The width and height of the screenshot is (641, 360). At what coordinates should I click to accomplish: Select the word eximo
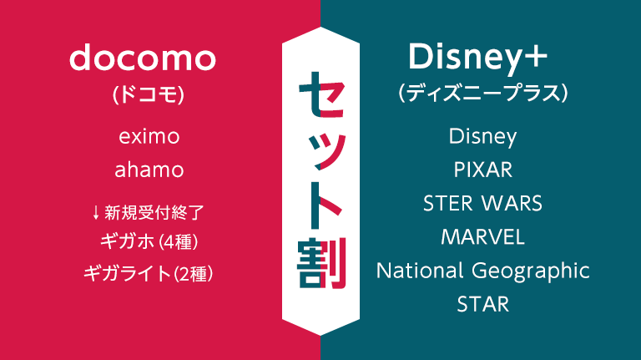(149, 135)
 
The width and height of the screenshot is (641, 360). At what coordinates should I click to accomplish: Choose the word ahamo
(149, 170)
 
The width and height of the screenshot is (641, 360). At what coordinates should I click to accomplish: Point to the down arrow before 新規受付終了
(96, 212)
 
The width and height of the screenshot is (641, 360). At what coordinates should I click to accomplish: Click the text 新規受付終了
(154, 212)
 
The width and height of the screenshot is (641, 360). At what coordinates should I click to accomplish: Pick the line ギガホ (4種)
(149, 242)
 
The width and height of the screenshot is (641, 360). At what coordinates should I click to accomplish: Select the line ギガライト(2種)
(149, 273)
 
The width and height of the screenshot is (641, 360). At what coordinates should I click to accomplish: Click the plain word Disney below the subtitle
(482, 135)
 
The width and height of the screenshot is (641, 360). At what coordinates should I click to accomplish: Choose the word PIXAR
(482, 170)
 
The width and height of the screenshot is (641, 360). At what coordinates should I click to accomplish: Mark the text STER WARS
(482, 203)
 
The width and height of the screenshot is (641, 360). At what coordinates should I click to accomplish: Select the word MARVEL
(482, 236)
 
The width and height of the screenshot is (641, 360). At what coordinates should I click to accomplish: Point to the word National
(420, 270)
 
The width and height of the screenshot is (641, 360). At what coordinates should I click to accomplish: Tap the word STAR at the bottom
(482, 303)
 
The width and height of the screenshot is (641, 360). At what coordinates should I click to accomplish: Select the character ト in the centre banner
(320, 205)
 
